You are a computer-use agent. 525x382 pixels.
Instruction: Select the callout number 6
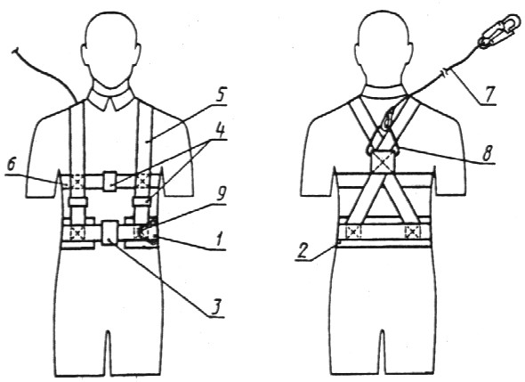(x=12, y=166)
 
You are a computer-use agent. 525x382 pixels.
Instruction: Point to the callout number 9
(x=221, y=194)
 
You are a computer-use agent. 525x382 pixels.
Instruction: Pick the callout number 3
(x=217, y=306)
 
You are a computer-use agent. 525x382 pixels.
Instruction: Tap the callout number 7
(x=489, y=94)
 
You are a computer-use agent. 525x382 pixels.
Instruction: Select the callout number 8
(x=488, y=154)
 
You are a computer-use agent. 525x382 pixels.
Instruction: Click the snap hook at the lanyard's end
(x=499, y=31)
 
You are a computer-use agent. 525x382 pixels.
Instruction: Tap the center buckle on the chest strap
(x=109, y=182)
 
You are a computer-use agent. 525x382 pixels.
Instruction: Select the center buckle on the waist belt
(x=109, y=232)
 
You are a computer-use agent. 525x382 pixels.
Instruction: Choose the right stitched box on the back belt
(x=412, y=232)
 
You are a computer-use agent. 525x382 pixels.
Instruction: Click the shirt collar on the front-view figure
(x=111, y=96)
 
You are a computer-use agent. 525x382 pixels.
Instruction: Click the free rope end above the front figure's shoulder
(x=15, y=52)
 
